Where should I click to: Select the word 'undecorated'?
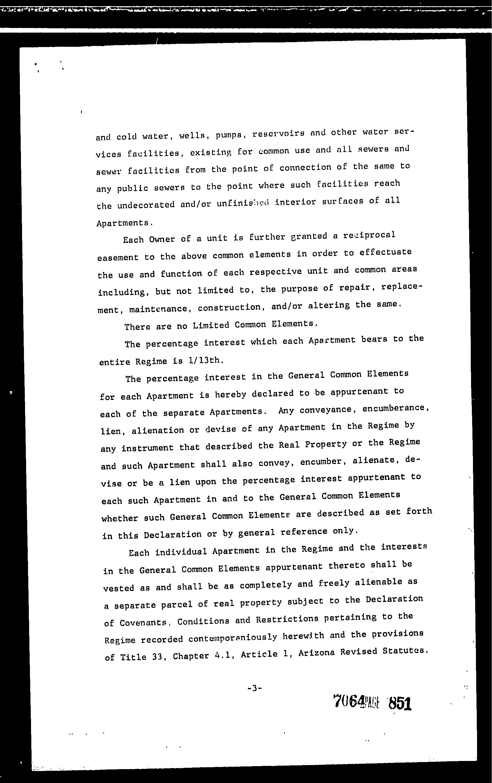tap(146, 205)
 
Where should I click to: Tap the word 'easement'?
tap(118, 257)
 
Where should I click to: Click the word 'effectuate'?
tap(386, 253)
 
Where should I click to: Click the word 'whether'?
tap(120, 518)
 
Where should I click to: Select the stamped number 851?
tap(400, 704)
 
